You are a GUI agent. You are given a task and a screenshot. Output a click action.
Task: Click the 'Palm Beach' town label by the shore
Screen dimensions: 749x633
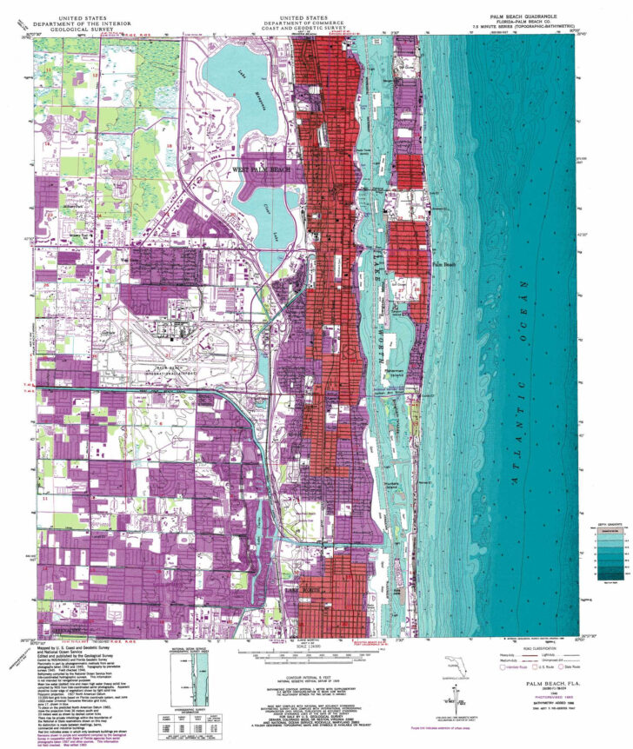pos(444,263)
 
